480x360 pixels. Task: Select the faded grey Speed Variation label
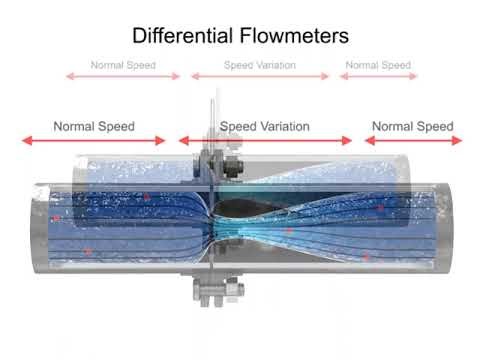[x=259, y=65]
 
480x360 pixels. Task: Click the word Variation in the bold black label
[x=284, y=127]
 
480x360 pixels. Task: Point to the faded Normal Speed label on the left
[x=123, y=65]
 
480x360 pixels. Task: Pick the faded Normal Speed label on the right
[x=377, y=65]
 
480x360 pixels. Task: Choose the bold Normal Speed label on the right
[x=413, y=127]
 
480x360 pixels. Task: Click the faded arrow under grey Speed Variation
[x=259, y=76]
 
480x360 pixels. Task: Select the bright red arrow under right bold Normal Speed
[x=412, y=141]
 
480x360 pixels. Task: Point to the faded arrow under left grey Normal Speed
[x=123, y=76]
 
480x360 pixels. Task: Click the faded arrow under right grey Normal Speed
[x=377, y=76]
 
